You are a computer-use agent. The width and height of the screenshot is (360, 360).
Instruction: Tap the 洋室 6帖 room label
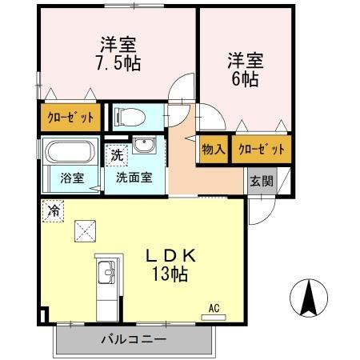[245, 70]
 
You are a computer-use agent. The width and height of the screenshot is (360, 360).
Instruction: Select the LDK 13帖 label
[170, 263]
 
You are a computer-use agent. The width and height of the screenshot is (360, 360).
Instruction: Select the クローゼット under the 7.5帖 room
[70, 118]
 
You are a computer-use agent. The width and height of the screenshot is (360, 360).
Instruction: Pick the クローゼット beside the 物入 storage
[261, 150]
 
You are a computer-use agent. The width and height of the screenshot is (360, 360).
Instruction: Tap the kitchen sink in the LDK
[106, 277]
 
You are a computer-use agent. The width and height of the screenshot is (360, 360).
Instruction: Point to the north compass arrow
[308, 298]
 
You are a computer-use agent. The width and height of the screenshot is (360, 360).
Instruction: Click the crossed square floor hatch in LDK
[85, 231]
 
